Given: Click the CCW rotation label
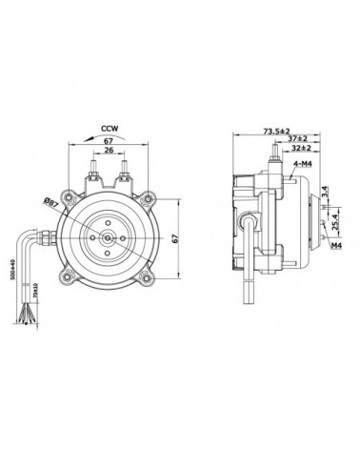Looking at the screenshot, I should [x=112, y=125].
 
